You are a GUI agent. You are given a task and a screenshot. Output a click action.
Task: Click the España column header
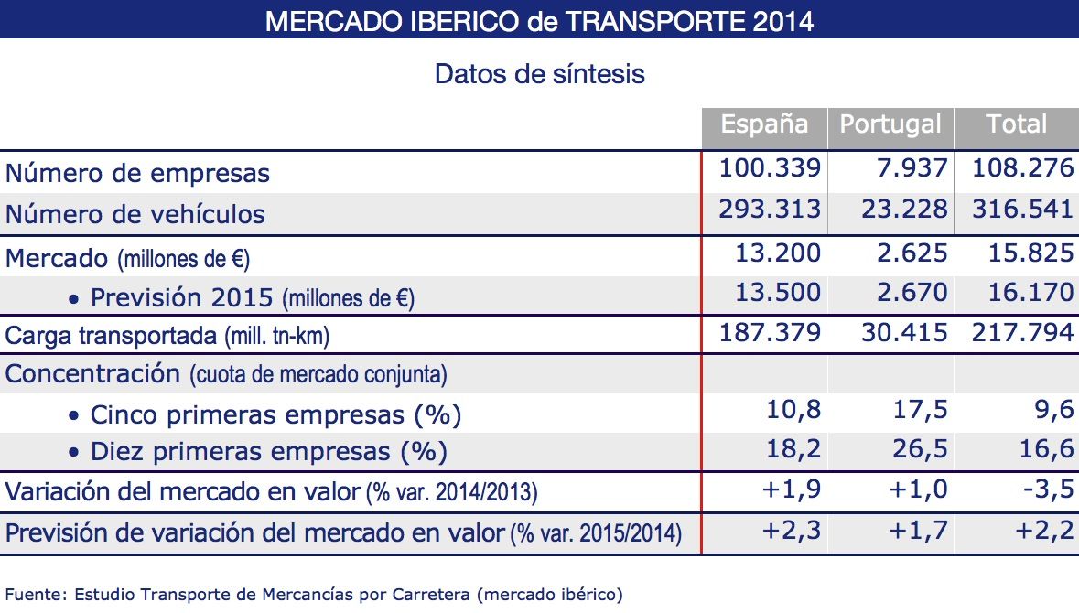tap(764, 125)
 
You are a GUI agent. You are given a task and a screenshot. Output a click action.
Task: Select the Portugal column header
tap(890, 125)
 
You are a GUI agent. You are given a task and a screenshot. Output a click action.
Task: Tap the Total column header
tap(1016, 125)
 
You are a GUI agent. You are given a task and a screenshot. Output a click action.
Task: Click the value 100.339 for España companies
tap(770, 169)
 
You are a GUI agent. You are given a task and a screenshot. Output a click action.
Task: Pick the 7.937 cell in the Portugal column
tap(904, 169)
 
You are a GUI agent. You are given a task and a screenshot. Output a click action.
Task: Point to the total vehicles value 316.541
tap(1021, 210)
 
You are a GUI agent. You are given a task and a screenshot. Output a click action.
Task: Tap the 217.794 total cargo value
tap(1021, 333)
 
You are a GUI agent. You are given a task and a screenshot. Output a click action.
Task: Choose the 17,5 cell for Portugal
tap(921, 412)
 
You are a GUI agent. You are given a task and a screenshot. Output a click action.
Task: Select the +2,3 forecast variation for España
tap(793, 531)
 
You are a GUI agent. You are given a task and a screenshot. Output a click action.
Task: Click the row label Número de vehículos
tap(135, 214)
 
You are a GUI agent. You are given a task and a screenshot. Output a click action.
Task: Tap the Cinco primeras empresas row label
tap(275, 414)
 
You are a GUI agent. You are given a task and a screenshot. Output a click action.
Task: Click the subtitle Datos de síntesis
tap(540, 73)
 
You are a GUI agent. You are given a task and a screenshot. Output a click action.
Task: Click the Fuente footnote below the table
tap(314, 594)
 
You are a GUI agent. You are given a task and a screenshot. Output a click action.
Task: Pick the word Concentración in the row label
tap(93, 373)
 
